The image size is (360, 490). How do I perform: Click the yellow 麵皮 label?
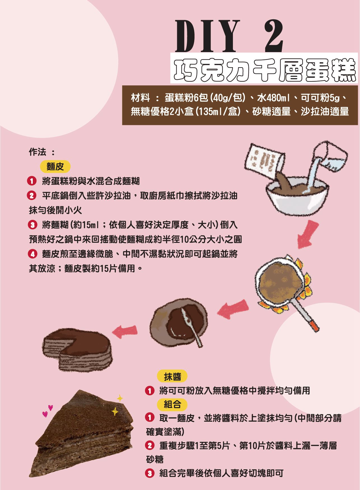[55, 167]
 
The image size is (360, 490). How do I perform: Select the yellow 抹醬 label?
[172, 377]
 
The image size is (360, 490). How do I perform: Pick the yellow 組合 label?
[172, 404]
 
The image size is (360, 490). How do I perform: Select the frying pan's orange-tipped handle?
[308, 316]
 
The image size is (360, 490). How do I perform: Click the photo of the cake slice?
[84, 437]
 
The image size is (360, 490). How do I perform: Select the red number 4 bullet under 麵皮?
[32, 254]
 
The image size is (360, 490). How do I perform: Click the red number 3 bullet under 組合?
[150, 473]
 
